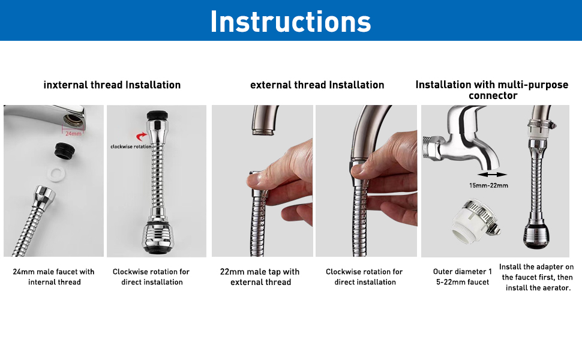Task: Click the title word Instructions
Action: [290, 21]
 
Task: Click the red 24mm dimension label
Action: [73, 133]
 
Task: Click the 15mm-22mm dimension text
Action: [488, 185]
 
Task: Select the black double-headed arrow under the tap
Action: [489, 174]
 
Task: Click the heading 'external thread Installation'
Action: [317, 85]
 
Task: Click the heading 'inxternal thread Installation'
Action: [112, 85]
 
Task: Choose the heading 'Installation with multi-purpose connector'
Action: [492, 90]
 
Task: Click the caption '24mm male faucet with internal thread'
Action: [54, 277]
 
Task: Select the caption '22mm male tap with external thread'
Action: [260, 277]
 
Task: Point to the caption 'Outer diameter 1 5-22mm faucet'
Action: [462, 277]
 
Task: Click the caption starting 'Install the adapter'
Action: [536, 277]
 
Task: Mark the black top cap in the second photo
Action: [158, 115]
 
